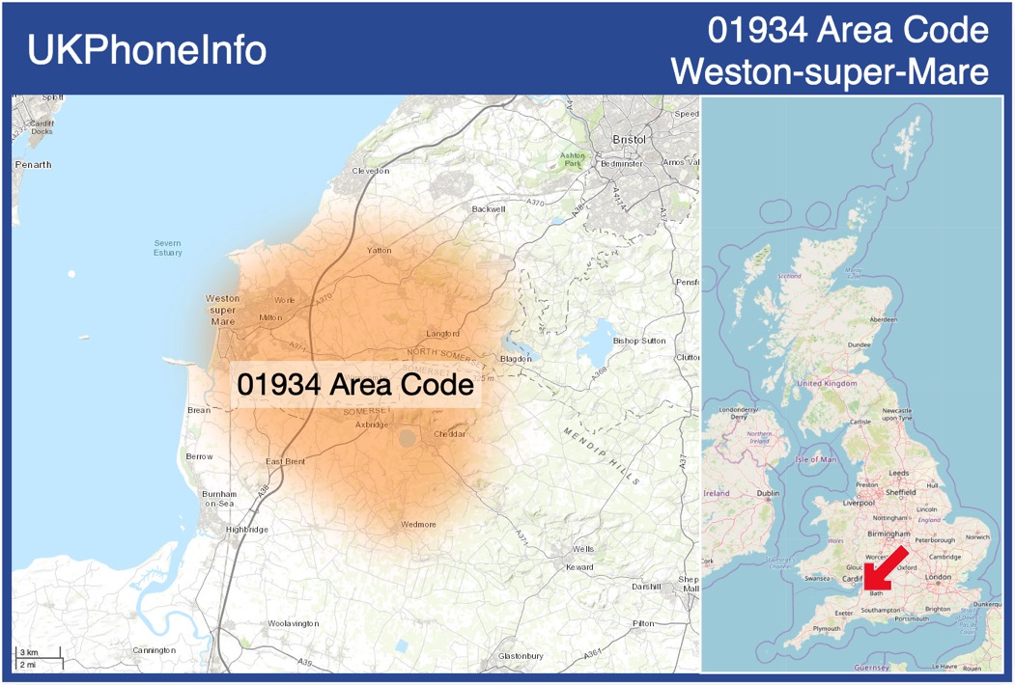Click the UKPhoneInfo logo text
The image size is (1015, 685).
click(x=147, y=50)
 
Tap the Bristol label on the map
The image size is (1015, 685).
click(x=629, y=139)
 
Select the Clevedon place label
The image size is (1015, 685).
click(x=370, y=171)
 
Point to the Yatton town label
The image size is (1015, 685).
click(x=380, y=251)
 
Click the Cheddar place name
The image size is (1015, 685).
click(x=449, y=435)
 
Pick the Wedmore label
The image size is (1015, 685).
click(x=418, y=525)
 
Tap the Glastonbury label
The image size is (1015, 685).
click(x=522, y=656)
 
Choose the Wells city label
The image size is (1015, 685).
click(x=583, y=548)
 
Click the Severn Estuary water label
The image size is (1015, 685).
click(x=167, y=248)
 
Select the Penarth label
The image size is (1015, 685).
click(x=34, y=165)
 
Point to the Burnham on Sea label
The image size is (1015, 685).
click(x=219, y=499)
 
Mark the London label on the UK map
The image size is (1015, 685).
click(x=938, y=577)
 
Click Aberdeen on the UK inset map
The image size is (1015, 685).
click(x=883, y=319)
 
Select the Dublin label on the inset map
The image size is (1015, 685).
click(x=768, y=494)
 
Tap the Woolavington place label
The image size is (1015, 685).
click(x=293, y=624)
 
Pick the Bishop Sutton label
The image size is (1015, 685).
click(x=639, y=341)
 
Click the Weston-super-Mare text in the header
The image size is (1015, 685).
click(x=830, y=71)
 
